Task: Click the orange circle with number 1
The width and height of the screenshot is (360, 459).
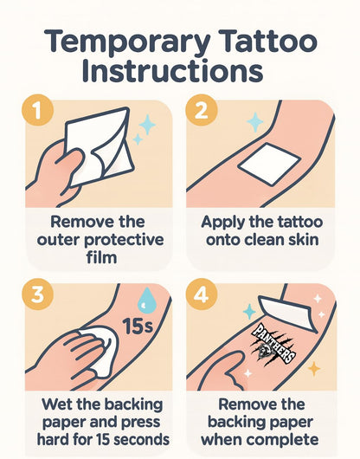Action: (x=37, y=110)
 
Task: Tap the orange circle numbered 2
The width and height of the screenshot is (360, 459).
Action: (x=202, y=110)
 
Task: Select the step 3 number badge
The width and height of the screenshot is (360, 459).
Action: (x=37, y=294)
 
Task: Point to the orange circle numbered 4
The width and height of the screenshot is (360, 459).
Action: (x=202, y=294)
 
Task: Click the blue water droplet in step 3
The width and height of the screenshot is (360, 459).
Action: (x=146, y=300)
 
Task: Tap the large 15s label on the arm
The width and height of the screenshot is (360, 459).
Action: (x=138, y=326)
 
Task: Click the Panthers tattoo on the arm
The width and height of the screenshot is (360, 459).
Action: (x=273, y=344)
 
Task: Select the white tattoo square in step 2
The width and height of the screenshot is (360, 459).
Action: (x=269, y=164)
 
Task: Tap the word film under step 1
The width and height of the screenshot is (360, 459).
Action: (x=101, y=257)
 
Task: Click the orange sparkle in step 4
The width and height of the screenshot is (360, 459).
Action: (x=314, y=369)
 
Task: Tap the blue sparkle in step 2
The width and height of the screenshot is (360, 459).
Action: (x=255, y=122)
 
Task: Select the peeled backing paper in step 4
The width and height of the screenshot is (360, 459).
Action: (x=288, y=314)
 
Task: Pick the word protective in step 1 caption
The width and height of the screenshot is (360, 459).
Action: (x=124, y=241)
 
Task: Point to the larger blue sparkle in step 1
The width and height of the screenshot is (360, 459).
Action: (x=147, y=125)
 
